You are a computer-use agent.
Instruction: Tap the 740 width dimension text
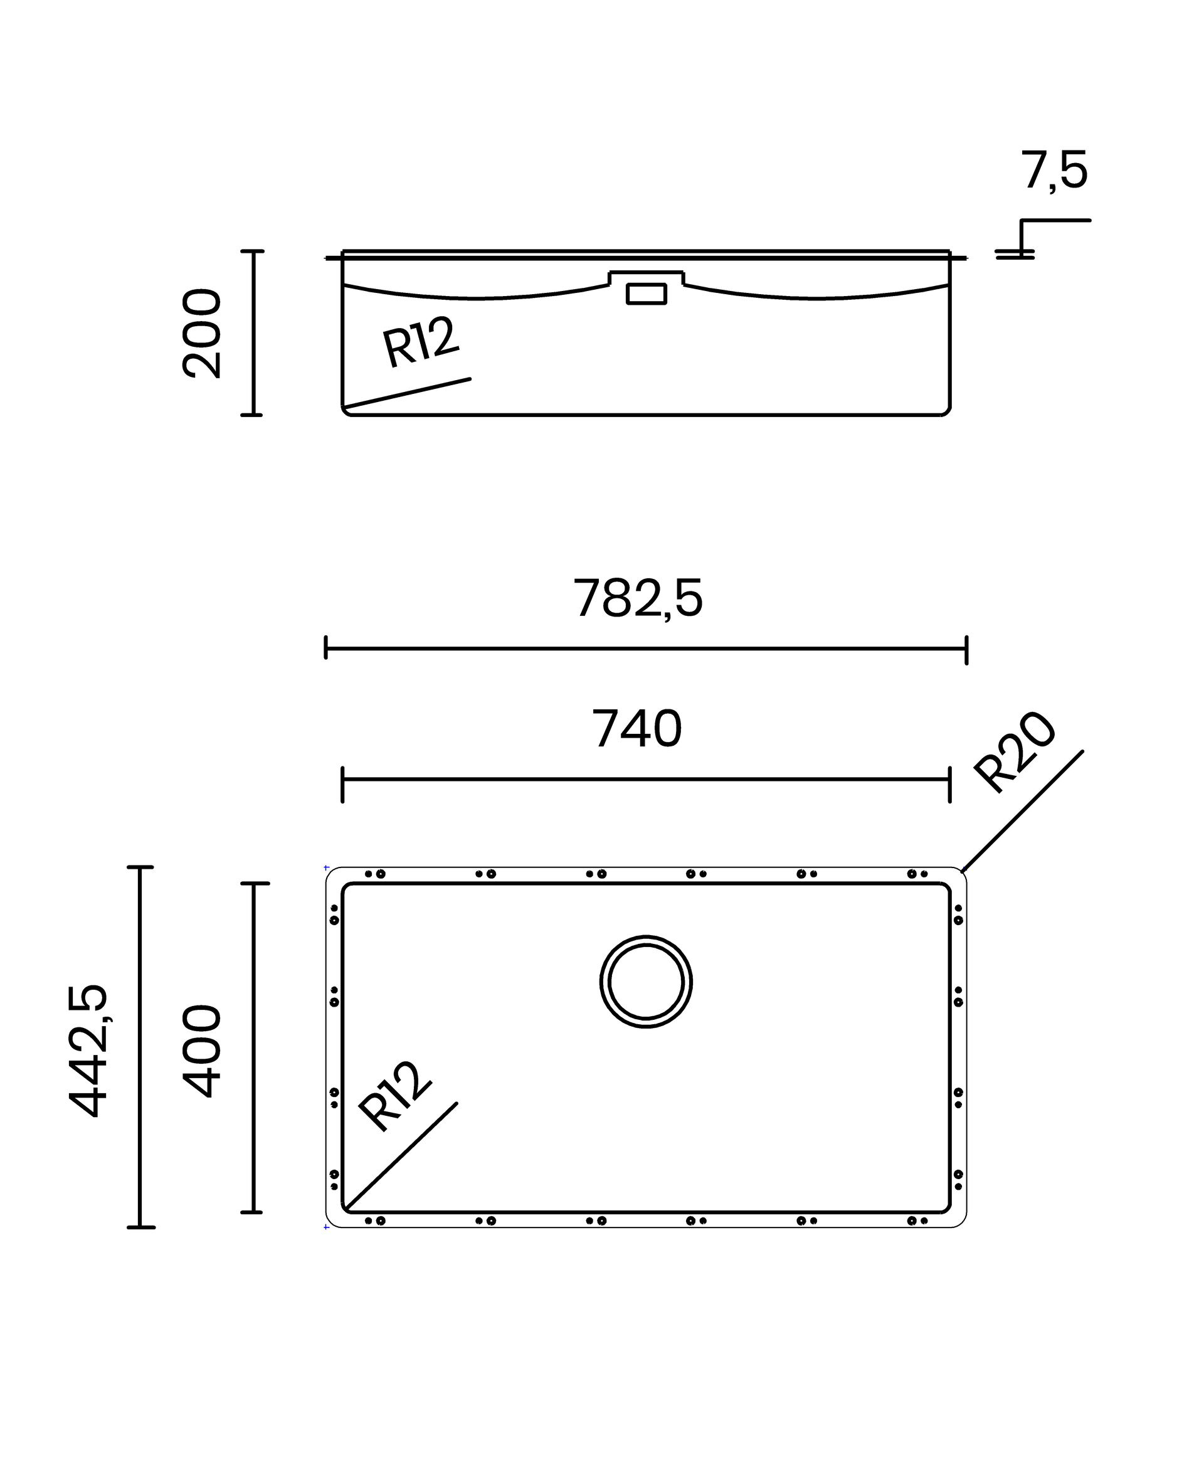(636, 729)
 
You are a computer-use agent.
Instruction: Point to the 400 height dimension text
(201, 1051)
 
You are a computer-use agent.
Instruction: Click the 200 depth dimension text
(201, 334)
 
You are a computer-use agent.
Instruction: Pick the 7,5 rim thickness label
(1053, 171)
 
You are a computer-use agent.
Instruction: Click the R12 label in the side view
(420, 341)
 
